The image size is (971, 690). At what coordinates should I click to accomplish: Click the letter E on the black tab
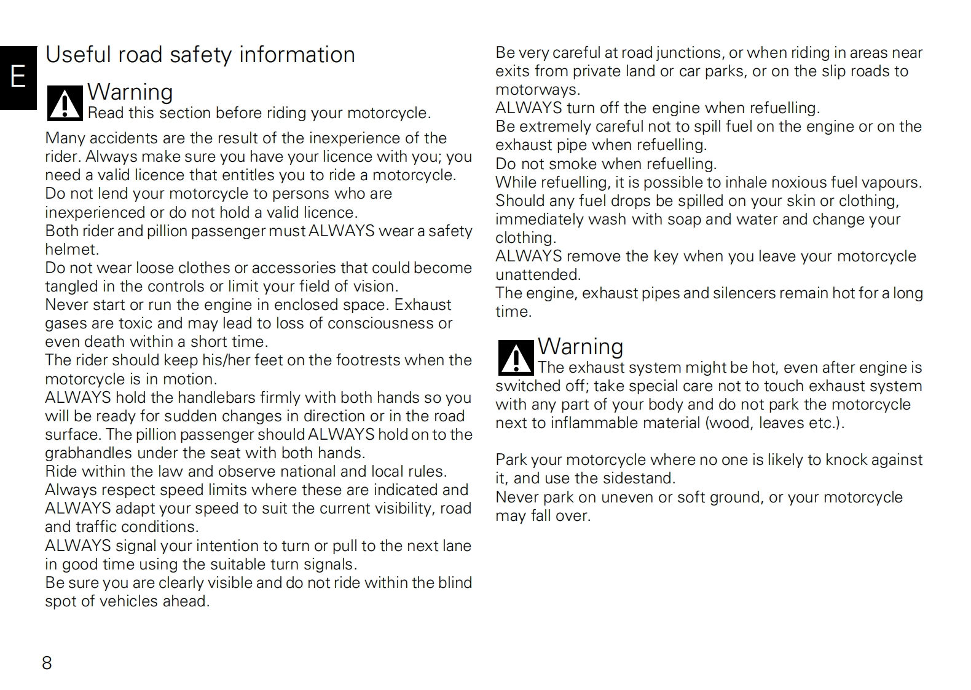point(18,77)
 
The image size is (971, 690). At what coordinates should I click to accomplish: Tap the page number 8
point(47,663)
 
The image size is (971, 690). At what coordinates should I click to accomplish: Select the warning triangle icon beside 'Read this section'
point(65,103)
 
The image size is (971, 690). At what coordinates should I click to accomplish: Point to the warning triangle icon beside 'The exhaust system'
point(516,358)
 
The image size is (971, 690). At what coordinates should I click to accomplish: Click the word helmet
point(71,250)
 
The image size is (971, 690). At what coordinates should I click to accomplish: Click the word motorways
point(537,90)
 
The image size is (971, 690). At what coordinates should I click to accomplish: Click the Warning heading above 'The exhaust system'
point(580,347)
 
